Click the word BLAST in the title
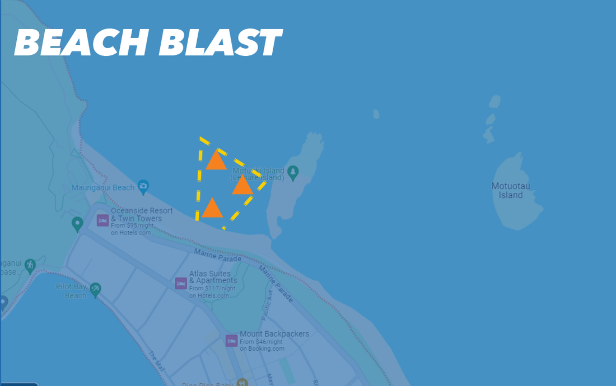coord(220,43)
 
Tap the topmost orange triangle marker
coord(216,161)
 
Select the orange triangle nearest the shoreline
coord(212,208)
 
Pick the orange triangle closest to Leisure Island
coord(242,185)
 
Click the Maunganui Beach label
coord(103,188)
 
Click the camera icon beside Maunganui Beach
coord(143,186)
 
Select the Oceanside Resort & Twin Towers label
coord(142,215)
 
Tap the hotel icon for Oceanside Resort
coord(102,220)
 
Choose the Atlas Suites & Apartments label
coord(213,277)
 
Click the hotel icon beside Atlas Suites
coord(181,283)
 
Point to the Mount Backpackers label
coord(274,334)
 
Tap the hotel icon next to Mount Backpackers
coord(231,340)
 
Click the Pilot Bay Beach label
coord(72,291)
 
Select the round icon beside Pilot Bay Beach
coord(96,289)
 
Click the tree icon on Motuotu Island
coord(293,171)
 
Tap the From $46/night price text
coord(262,341)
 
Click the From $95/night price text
coord(131,225)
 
